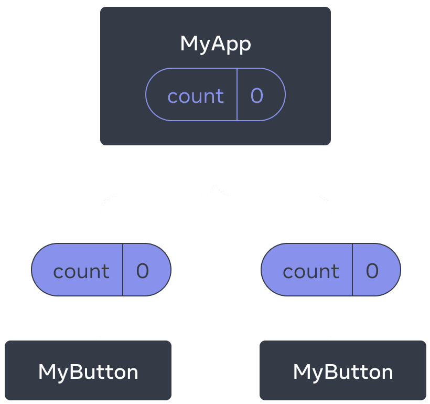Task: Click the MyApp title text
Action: pos(216,44)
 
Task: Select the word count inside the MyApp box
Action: pos(195,96)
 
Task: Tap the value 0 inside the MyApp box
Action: pos(256,95)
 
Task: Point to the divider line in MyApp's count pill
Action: pos(237,94)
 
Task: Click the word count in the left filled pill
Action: pos(81,271)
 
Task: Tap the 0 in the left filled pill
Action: pos(143,271)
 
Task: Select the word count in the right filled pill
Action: pos(310,271)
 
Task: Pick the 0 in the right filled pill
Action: pos(372,271)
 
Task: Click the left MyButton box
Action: pos(88,371)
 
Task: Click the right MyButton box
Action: pos(343,371)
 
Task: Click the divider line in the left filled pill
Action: pos(123,270)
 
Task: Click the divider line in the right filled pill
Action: pos(352,270)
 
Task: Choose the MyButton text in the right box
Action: pos(343,372)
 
